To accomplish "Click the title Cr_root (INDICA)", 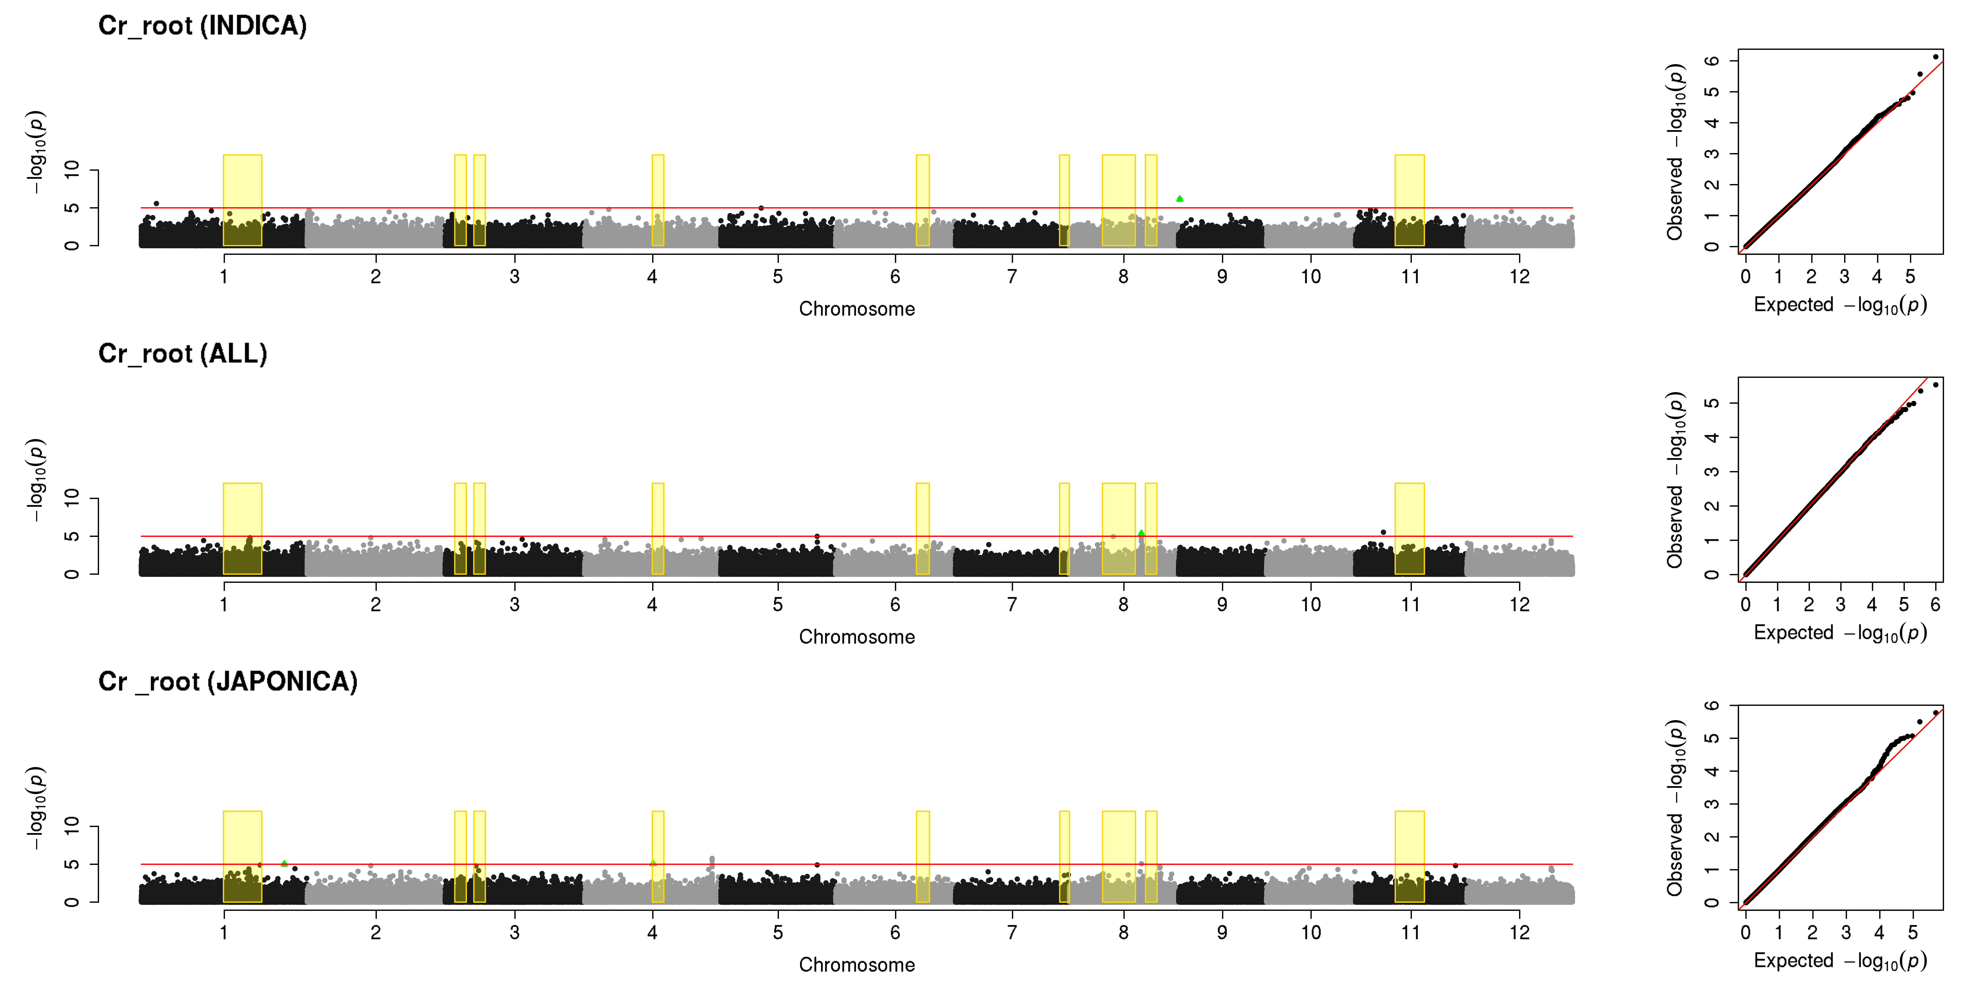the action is point(203,26).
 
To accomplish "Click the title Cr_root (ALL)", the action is point(183,354).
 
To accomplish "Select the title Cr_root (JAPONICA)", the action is point(228,681).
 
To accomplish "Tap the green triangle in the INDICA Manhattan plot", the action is point(1180,199).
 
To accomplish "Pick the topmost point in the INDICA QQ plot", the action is point(1935,57).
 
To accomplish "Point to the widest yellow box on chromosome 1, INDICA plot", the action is point(242,200).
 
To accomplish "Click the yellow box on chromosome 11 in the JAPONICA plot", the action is point(1410,856).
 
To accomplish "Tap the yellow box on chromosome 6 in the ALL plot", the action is point(923,529).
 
